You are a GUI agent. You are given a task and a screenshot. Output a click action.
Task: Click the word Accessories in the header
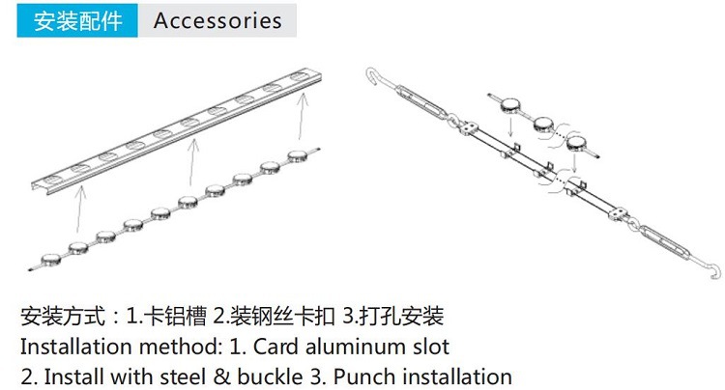pos(217,20)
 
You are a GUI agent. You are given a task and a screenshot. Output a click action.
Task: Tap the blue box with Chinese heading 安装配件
pos(78,20)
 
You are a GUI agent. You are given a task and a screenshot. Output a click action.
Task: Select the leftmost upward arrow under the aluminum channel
pos(81,212)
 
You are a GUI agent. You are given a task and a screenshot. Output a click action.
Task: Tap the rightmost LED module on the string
pos(297,153)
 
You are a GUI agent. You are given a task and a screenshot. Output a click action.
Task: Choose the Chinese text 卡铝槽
pos(175,316)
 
